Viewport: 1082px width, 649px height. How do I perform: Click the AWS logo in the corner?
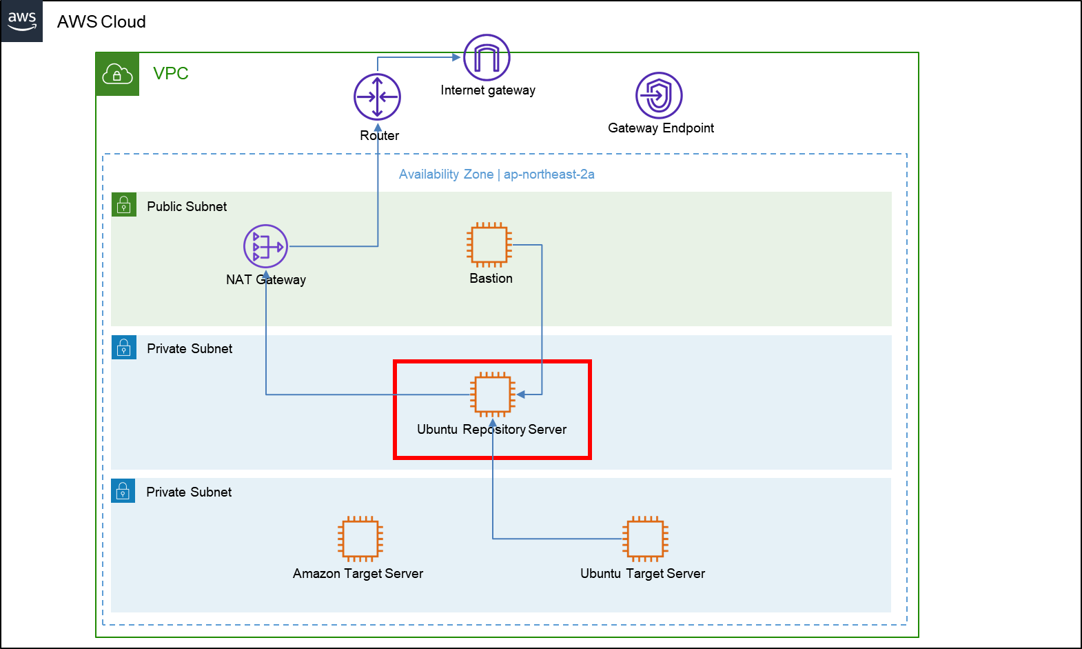(x=22, y=21)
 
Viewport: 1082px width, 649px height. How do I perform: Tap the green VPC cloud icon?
(x=117, y=74)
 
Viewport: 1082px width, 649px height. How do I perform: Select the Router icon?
(x=377, y=97)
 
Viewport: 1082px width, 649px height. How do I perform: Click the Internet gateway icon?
(x=487, y=57)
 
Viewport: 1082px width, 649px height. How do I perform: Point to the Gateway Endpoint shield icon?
(x=659, y=95)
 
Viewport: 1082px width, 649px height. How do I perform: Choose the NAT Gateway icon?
(x=265, y=246)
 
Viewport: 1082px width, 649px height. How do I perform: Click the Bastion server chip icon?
(x=489, y=245)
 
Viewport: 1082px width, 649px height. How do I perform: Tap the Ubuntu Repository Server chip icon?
(x=493, y=395)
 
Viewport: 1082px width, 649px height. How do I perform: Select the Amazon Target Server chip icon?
(x=360, y=539)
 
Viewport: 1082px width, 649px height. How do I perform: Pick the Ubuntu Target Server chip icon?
(x=645, y=539)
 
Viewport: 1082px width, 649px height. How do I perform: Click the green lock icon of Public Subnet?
(x=123, y=204)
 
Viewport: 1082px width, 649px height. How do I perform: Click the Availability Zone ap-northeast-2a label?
(x=497, y=174)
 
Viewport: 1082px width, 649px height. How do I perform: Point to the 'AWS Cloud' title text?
(x=101, y=22)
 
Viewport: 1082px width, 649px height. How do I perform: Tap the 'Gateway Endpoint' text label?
(x=661, y=128)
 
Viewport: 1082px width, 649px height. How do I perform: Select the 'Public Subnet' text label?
(x=187, y=206)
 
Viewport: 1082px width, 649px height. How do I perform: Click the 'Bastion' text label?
(x=491, y=279)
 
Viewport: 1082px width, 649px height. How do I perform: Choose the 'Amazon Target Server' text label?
(x=358, y=574)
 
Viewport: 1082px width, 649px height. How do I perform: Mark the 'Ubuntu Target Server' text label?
(x=642, y=574)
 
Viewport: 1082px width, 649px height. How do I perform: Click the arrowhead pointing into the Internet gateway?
(x=456, y=57)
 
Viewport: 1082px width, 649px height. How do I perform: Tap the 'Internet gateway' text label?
(x=488, y=90)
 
